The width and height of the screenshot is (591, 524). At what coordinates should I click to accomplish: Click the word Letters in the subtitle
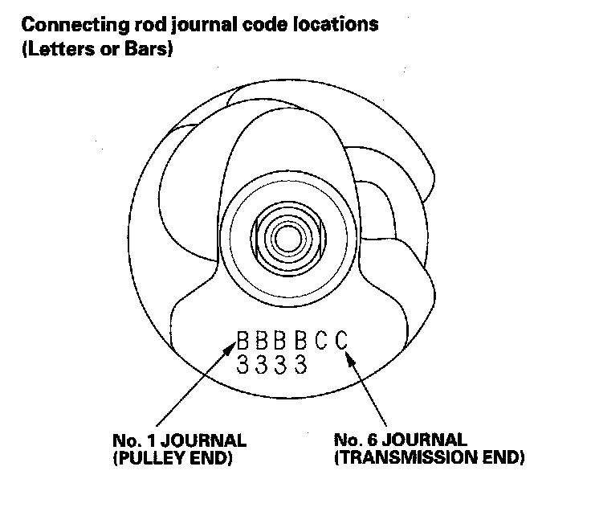[x=55, y=49]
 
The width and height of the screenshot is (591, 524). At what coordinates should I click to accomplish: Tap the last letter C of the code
[x=341, y=342]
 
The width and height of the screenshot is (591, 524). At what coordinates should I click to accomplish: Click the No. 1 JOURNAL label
[x=179, y=441]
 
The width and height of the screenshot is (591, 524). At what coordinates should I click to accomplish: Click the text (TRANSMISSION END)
[x=429, y=459]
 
